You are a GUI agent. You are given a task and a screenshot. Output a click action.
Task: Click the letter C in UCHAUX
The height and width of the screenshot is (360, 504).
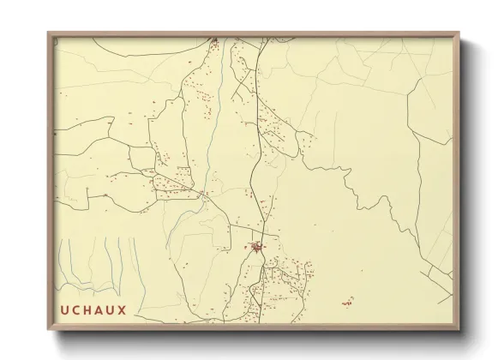tap(75, 310)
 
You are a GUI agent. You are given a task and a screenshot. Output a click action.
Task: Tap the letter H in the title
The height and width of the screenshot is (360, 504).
tap(87, 310)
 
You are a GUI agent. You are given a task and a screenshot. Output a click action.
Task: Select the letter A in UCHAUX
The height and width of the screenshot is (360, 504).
tap(99, 310)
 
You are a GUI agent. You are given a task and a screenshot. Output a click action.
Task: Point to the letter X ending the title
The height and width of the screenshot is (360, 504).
tap(123, 310)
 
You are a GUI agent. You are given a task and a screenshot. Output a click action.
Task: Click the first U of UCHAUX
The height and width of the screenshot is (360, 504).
tap(63, 310)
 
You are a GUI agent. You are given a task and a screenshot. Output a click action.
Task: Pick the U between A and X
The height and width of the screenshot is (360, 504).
tap(111, 310)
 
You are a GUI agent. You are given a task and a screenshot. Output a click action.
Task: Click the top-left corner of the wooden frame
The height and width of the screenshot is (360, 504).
tap(48, 33)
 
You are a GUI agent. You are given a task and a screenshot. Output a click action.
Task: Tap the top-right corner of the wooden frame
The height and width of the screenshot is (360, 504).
tap(459, 33)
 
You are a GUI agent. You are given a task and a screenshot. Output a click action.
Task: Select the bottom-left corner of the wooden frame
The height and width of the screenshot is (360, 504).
tap(48, 330)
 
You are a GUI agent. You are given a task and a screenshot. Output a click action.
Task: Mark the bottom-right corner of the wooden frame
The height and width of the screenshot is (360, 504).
tap(459, 330)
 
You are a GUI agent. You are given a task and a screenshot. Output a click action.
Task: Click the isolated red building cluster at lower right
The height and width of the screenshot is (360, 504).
tap(347, 303)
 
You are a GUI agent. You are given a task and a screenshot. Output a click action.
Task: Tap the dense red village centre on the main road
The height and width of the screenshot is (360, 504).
tap(256, 248)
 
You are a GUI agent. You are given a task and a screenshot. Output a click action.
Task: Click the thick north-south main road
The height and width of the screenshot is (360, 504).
tap(252, 171)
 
